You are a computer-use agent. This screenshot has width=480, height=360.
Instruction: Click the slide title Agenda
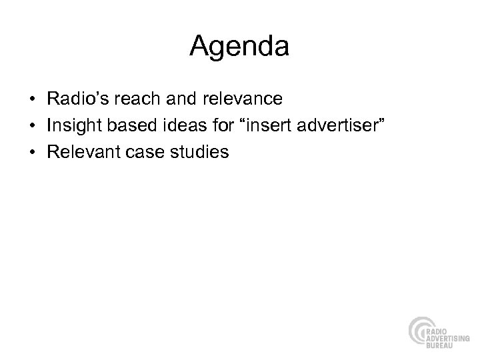click(239, 46)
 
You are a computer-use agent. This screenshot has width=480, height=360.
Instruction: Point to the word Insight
click(73, 125)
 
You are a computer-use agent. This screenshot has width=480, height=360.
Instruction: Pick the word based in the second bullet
click(129, 125)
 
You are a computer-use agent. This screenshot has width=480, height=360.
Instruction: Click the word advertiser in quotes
click(326, 125)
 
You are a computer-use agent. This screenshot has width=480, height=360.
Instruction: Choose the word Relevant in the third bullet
click(82, 152)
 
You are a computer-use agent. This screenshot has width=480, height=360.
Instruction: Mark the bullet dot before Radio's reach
click(33, 99)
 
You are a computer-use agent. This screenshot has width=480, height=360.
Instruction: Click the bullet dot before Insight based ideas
click(33, 126)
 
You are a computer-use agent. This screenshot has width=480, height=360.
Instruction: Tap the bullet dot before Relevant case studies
click(33, 153)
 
